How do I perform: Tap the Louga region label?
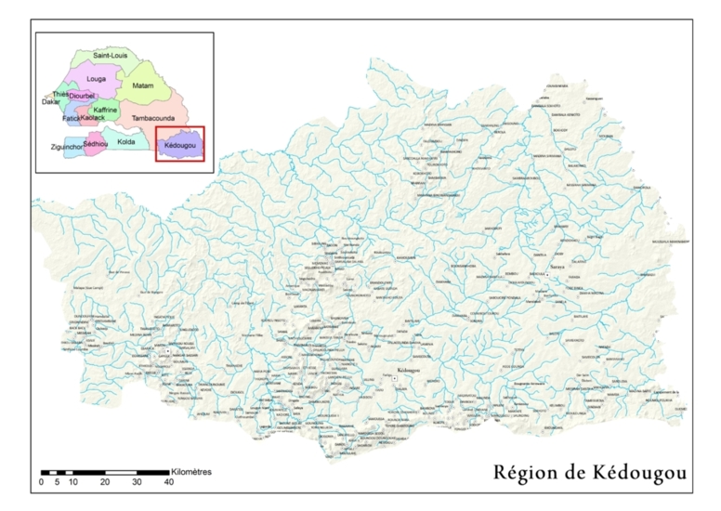click(97, 80)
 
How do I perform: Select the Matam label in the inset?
click(142, 85)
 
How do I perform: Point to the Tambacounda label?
click(153, 119)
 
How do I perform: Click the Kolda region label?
click(126, 141)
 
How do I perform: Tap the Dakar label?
click(51, 102)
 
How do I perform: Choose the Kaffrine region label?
click(105, 110)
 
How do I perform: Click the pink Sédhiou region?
click(96, 144)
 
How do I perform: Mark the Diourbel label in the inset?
click(83, 96)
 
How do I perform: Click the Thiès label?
click(60, 94)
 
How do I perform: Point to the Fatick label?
click(72, 119)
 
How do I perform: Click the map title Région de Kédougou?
click(590, 473)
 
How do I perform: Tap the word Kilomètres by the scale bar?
click(190, 472)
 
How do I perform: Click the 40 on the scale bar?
click(168, 483)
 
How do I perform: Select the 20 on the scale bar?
click(105, 483)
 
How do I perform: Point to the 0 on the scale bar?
click(41, 483)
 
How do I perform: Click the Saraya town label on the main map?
click(557, 267)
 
